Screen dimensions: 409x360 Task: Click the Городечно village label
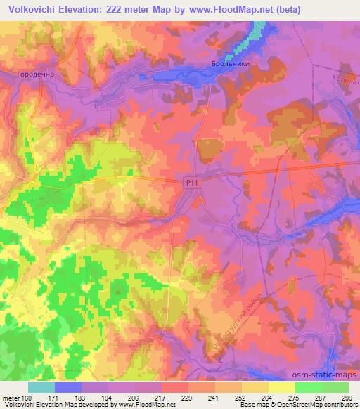click(x=35, y=72)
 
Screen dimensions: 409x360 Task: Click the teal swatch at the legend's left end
click(x=41, y=387)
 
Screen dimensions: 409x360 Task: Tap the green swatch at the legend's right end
click(x=335, y=387)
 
